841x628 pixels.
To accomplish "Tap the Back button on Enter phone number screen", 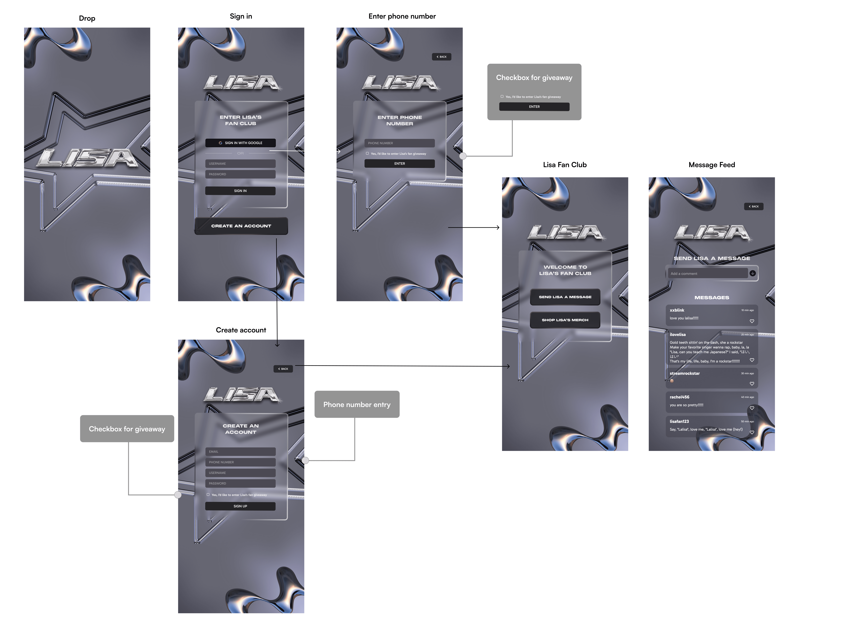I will pyautogui.click(x=441, y=57).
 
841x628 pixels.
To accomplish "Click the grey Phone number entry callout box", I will pyautogui.click(x=357, y=404).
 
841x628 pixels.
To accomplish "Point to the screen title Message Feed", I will pyautogui.click(x=711, y=165).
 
